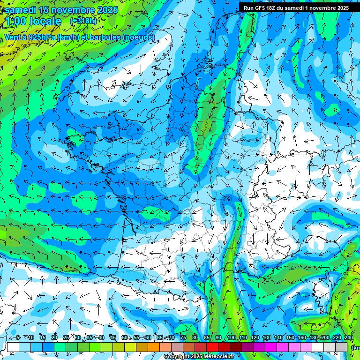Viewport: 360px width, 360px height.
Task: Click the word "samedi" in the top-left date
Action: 21,10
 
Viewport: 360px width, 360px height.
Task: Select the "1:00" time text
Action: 16,21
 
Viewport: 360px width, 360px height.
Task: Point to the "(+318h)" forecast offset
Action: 83,21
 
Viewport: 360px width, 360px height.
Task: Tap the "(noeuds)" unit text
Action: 138,37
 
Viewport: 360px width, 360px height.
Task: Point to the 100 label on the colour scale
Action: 231,338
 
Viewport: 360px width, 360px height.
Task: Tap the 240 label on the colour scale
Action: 348,338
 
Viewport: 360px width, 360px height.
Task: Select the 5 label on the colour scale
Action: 18,338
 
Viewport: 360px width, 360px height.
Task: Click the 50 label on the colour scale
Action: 125,338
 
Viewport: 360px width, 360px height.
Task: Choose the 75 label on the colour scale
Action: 183,338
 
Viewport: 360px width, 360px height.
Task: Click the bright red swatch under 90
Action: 212,347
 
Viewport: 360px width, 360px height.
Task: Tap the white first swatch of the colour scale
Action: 13,347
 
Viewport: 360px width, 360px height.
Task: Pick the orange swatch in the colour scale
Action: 154,347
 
